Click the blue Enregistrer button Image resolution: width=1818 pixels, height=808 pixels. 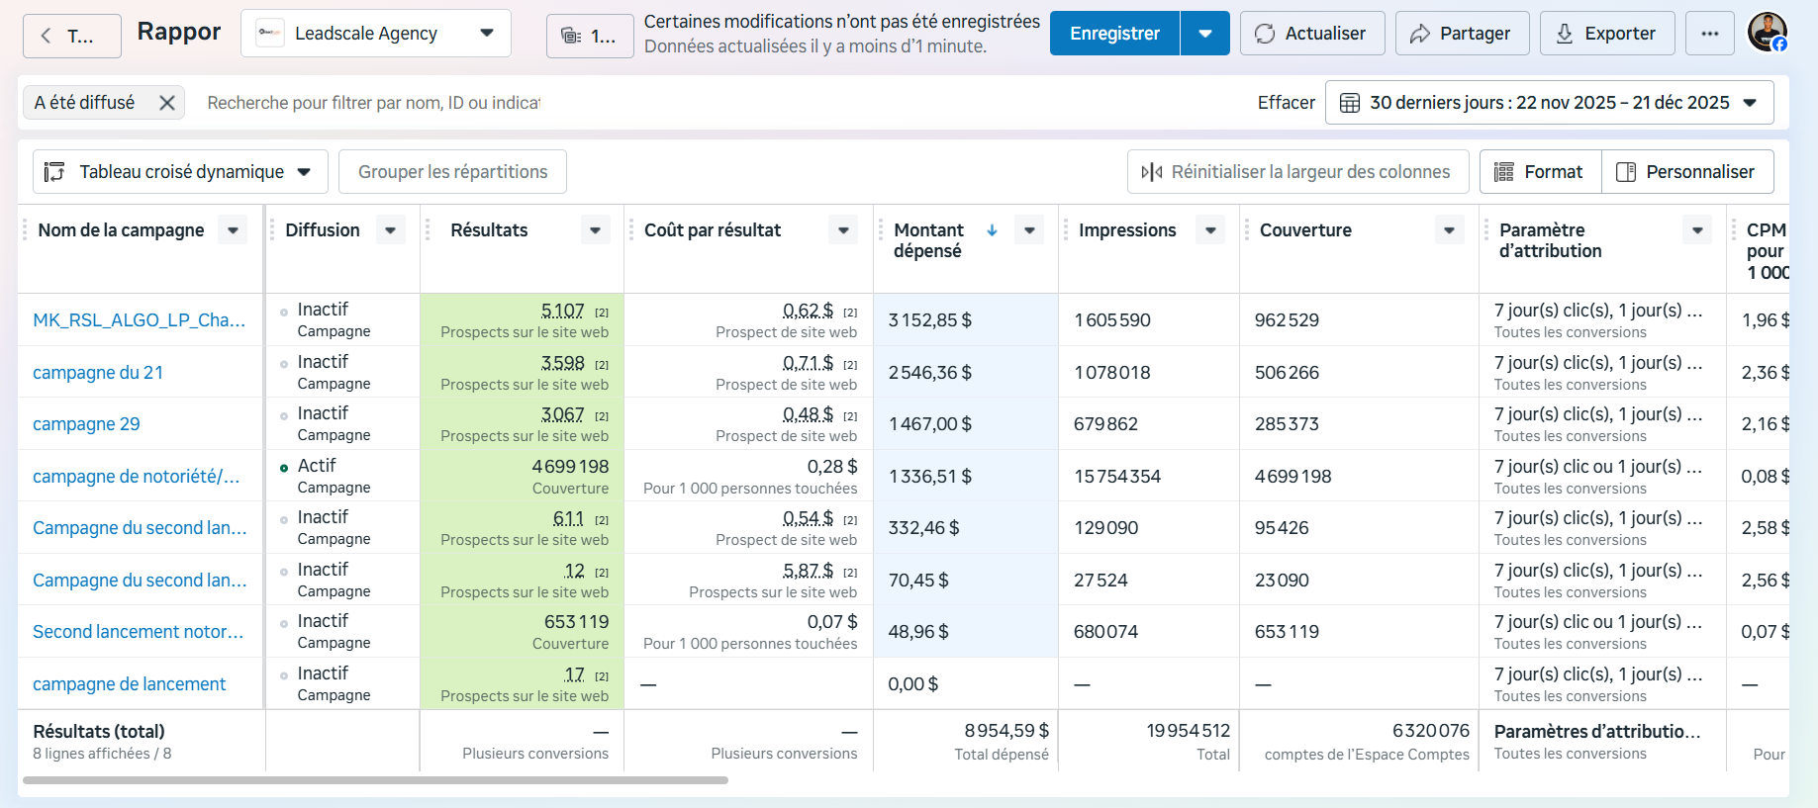click(x=1114, y=34)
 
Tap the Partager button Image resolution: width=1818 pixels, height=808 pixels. click(x=1462, y=34)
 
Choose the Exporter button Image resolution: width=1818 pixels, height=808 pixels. click(x=1607, y=34)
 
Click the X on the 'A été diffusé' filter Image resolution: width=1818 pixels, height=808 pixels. click(x=167, y=103)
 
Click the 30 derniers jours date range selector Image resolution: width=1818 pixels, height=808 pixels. click(x=1549, y=103)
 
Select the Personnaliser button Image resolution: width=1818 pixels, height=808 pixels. click(x=1687, y=172)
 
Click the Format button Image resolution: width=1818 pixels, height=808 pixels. click(x=1540, y=172)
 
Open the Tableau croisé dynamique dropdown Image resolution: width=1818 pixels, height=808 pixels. click(x=179, y=172)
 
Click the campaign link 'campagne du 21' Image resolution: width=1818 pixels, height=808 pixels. click(x=98, y=373)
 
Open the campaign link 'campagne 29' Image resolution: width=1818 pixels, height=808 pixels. click(x=86, y=424)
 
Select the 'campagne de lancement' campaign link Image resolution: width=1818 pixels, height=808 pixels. click(x=130, y=684)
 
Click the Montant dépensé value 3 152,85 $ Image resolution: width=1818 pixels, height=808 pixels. click(x=930, y=320)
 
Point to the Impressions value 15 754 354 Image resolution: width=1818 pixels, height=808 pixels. click(x=1117, y=477)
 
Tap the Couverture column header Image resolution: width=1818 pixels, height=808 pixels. click(x=1305, y=230)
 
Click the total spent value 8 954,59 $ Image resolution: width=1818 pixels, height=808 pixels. click(x=1006, y=731)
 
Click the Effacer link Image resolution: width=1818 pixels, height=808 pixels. click(x=1286, y=103)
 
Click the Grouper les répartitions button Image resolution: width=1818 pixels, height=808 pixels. click(x=452, y=172)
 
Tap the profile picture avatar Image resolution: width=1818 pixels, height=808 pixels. click(x=1767, y=33)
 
